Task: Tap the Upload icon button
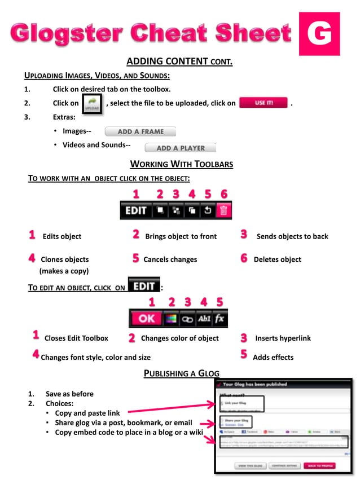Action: click(x=92, y=104)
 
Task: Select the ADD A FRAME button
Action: click(x=141, y=132)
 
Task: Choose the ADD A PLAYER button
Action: click(x=180, y=148)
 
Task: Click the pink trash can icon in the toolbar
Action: click(x=224, y=211)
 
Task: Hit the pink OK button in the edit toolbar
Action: click(x=146, y=319)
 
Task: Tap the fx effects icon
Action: click(x=219, y=319)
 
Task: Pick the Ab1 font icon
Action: click(x=204, y=319)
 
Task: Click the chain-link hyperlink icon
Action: click(x=187, y=319)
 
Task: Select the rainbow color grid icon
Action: click(x=170, y=319)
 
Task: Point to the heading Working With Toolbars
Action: click(x=182, y=164)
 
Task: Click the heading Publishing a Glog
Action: click(x=182, y=373)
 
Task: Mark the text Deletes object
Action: click(x=278, y=259)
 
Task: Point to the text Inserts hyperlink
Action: click(x=283, y=338)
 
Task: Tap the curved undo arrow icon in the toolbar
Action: click(x=208, y=211)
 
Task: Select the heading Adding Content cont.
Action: click(x=179, y=61)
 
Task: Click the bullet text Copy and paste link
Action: click(x=87, y=413)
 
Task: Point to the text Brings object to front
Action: click(x=181, y=236)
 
